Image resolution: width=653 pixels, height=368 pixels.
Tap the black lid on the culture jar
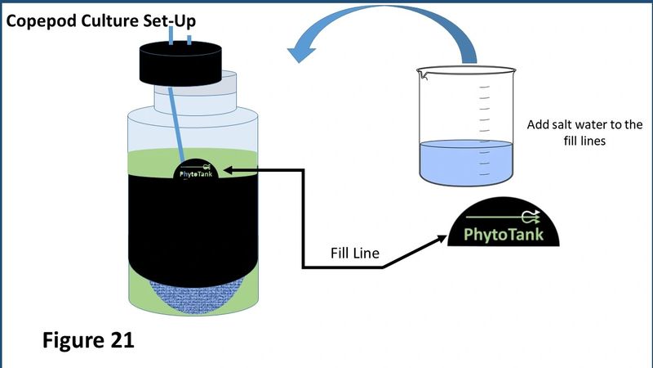[180, 64]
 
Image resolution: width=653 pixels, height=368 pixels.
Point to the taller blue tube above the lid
[171, 35]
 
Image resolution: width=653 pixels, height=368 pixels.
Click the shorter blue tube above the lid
[189, 39]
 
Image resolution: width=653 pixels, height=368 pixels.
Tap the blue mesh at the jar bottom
[196, 298]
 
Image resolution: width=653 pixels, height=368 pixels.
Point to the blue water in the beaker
[466, 162]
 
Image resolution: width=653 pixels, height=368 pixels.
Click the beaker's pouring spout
[422, 74]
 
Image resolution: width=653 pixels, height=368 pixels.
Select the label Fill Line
[355, 253]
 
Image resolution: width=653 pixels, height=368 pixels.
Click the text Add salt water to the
[584, 124]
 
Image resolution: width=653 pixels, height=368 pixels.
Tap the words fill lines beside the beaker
[584, 141]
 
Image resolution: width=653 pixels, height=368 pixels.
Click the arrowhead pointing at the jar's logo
[229, 170]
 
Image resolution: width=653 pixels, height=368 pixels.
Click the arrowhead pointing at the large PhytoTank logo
[441, 239]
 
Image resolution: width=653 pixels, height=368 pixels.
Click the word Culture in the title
[109, 21]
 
